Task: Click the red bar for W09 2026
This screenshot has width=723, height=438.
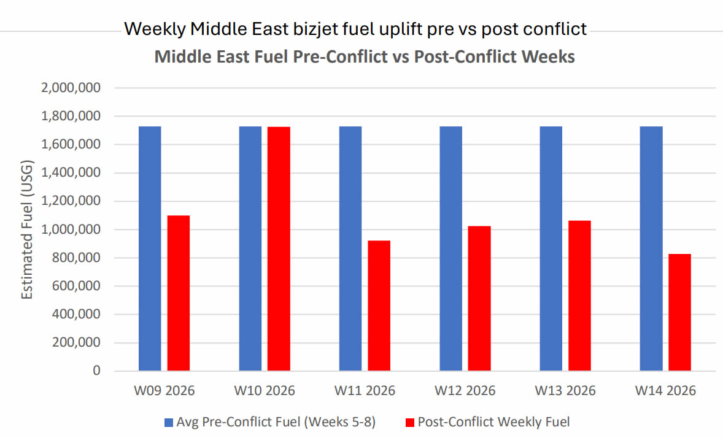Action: pyautogui.click(x=179, y=293)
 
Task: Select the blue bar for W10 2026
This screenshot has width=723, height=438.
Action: pyautogui.click(x=250, y=248)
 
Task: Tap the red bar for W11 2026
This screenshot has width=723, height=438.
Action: pyautogui.click(x=379, y=305)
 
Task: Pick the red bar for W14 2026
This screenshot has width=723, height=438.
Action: pyautogui.click(x=680, y=312)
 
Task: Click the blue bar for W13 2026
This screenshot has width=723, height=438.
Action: pyautogui.click(x=551, y=248)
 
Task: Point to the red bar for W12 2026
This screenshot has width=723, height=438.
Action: pyautogui.click(x=479, y=298)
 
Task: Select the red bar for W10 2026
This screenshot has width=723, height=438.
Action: pyautogui.click(x=279, y=248)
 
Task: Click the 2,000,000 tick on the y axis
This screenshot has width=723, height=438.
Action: pyautogui.click(x=71, y=88)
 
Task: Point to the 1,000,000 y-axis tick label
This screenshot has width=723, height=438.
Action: pyautogui.click(x=71, y=229)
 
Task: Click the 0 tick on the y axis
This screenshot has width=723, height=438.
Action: pyautogui.click(x=96, y=371)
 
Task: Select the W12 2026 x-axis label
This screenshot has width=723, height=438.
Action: pyautogui.click(x=465, y=391)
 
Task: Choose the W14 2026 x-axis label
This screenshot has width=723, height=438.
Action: pyautogui.click(x=665, y=391)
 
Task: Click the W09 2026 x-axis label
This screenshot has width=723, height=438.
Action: pyautogui.click(x=164, y=391)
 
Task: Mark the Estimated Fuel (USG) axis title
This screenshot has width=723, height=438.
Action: pyautogui.click(x=27, y=229)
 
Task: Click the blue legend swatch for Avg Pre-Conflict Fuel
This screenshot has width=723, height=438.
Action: pyautogui.click(x=169, y=422)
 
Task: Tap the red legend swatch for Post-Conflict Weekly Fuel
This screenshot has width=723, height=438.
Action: pyautogui.click(x=410, y=422)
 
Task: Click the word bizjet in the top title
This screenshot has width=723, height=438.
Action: pyautogui.click(x=292, y=29)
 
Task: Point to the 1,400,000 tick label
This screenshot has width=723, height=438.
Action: pyautogui.click(x=71, y=173)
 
